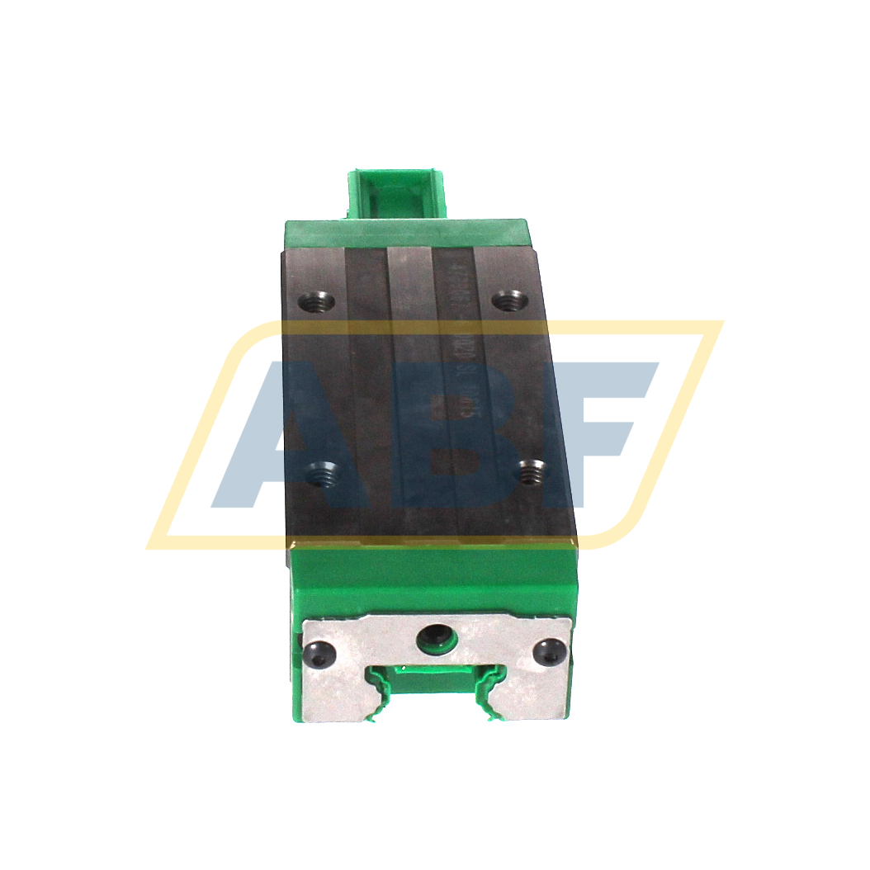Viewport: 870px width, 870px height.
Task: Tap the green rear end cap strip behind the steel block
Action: [404, 232]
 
